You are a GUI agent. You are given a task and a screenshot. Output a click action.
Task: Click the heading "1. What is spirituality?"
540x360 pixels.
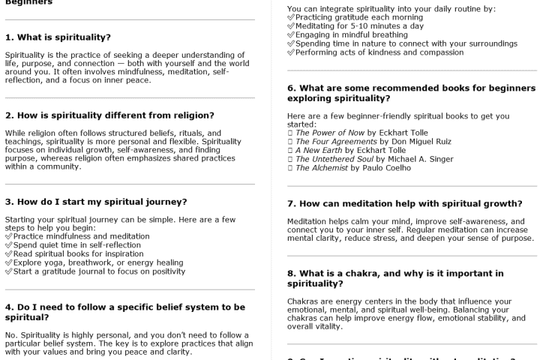(x=58, y=37)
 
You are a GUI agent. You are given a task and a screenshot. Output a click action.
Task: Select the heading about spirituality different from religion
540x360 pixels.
(x=109, y=115)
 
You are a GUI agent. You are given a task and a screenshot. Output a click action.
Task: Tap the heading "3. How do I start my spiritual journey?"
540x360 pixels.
(x=96, y=201)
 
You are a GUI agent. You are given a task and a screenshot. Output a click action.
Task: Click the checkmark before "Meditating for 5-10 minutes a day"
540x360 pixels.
(x=291, y=26)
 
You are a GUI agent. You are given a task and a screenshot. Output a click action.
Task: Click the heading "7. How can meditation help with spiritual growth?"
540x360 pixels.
(x=405, y=203)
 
